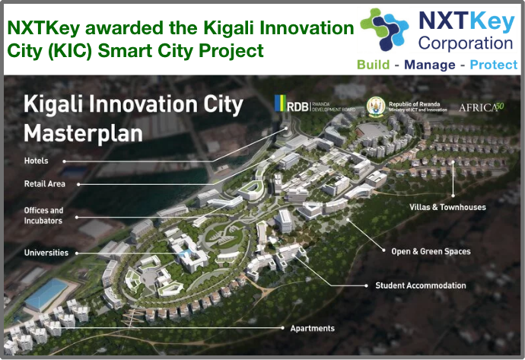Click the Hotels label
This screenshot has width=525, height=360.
[x=36, y=161]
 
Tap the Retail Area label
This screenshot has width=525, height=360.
[x=45, y=183]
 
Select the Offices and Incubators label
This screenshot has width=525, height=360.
[x=43, y=215]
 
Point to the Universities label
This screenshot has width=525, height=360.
[x=46, y=252]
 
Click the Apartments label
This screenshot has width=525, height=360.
[x=312, y=328]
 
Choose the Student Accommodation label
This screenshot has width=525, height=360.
[x=420, y=285]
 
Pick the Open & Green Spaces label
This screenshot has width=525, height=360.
[x=431, y=251]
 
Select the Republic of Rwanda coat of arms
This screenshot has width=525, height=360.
[x=374, y=106]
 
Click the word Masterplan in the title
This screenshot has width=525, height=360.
[x=83, y=133]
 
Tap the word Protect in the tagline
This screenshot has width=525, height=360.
[x=494, y=65]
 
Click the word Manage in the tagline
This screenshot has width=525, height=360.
[x=430, y=65]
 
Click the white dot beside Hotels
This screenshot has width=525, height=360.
[x=64, y=161]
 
